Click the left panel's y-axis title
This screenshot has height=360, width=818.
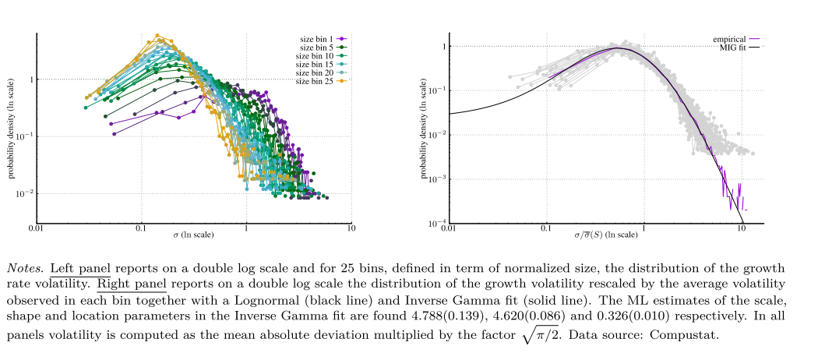(x=12, y=129)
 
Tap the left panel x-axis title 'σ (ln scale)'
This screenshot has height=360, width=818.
(x=193, y=235)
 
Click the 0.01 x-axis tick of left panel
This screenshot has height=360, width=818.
(x=36, y=229)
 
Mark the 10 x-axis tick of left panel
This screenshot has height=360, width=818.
(x=351, y=229)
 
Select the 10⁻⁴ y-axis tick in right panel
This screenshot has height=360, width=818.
(x=434, y=224)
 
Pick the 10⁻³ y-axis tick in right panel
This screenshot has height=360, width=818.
(x=434, y=179)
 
